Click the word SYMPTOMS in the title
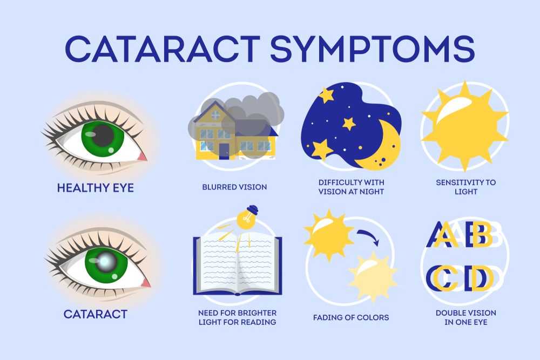tap(373, 49)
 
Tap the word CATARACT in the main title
tap(162, 49)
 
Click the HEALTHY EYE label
tap(96, 188)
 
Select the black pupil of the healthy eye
tap(103, 135)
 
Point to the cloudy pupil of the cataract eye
tap(105, 262)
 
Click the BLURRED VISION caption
tap(234, 187)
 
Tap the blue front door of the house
tap(224, 151)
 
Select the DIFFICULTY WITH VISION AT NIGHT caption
tap(351, 187)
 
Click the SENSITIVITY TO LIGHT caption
tap(466, 187)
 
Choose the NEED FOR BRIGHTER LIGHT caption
tap(237, 318)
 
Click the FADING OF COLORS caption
tap(351, 318)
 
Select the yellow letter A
tap(446, 235)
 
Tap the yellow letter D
tap(481, 278)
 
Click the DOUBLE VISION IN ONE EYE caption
tap(466, 318)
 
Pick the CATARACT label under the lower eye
tap(96, 314)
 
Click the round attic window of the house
tap(215, 115)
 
